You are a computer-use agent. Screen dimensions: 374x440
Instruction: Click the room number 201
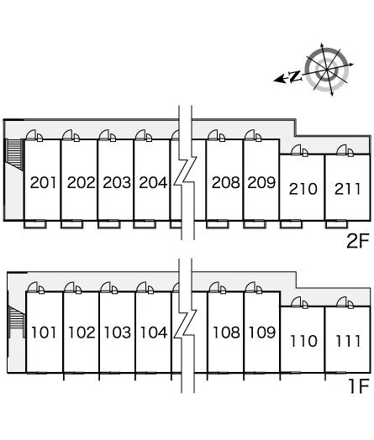pos(43,182)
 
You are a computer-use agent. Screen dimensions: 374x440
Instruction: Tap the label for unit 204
pos(153,182)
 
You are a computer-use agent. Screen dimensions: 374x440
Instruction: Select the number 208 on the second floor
pos(226,182)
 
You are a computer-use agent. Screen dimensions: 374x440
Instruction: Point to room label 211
pos(348,189)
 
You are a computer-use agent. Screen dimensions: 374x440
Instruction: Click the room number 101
pos(44,333)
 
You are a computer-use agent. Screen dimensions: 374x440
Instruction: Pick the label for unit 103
pos(118,333)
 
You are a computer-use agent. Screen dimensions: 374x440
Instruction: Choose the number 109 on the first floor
pos(262,333)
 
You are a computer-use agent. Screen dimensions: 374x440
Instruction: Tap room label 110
pos(303,341)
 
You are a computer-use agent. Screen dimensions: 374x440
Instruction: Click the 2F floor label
pos(357,241)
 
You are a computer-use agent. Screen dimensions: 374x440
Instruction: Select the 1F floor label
pos(358,386)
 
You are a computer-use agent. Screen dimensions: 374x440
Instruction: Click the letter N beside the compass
pos(295,76)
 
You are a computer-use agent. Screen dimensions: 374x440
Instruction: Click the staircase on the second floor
pos(14,154)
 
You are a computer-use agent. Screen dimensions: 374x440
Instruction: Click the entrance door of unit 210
pos(299,150)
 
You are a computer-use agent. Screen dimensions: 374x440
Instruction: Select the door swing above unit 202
pos(71,135)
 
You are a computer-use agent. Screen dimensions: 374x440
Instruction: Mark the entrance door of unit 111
pos(345,303)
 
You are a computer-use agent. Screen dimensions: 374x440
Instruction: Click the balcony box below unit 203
pos(109,224)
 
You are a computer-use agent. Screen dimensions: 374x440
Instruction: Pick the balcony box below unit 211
pos(337,224)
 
